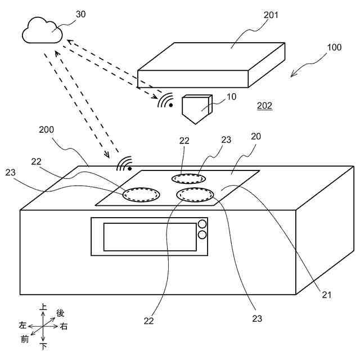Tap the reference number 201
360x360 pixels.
coord(271,15)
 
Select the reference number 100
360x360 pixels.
coord(334,48)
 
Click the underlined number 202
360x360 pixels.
coord(264,106)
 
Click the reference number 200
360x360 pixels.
coord(47,130)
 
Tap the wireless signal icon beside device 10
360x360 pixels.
coord(165,101)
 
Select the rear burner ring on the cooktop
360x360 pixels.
coord(188,178)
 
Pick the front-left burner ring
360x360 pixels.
coord(141,195)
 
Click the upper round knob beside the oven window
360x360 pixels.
coord(202,224)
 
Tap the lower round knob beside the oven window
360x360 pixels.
coord(202,234)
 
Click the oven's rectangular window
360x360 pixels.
coord(150,237)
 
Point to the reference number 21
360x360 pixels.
coord(327,293)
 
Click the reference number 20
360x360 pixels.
coord(256,137)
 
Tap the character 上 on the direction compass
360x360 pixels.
coord(43,308)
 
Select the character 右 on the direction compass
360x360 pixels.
coord(64,326)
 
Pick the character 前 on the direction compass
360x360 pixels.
coord(24,339)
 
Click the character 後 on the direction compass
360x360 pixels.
coord(60,312)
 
